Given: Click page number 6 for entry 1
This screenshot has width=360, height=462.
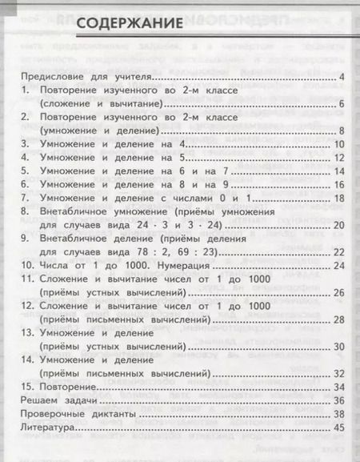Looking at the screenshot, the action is coord(341,104).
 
